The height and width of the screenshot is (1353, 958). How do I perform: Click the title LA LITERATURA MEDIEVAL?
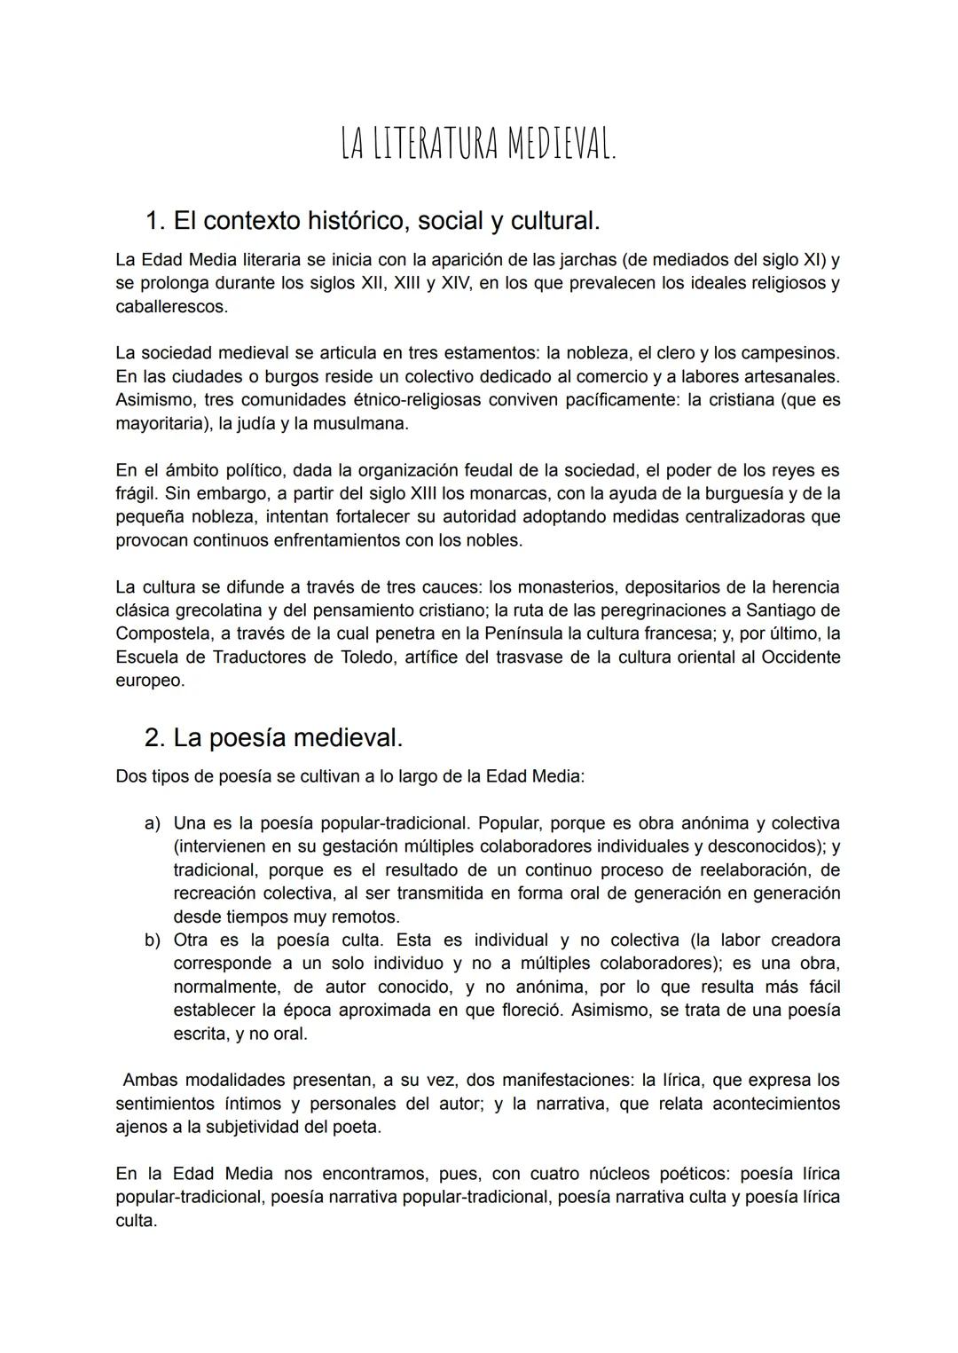[478, 145]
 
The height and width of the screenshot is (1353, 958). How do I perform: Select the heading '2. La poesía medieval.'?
[273, 737]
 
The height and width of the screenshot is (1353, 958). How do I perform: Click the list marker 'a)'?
[153, 823]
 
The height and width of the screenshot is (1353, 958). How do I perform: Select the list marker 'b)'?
[153, 940]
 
